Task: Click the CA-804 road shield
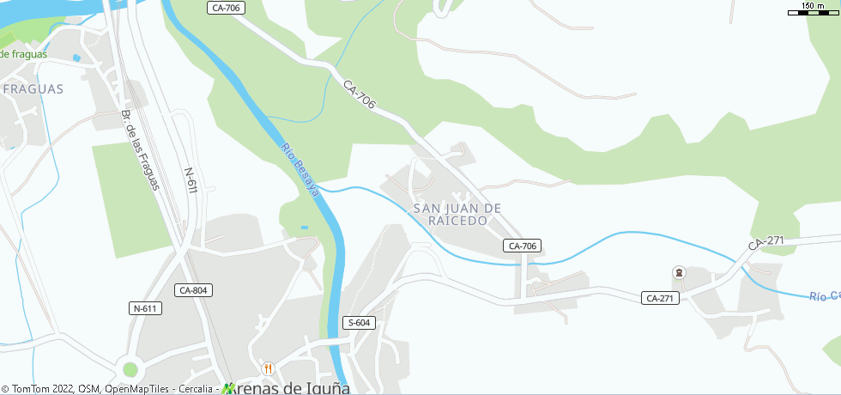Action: point(192,290)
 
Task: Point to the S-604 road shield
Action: point(359,323)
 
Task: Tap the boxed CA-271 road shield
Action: point(660,298)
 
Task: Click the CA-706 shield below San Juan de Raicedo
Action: point(522,246)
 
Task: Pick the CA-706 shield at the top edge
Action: point(226,8)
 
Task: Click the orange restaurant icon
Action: point(268,368)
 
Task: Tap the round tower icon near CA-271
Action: point(679,273)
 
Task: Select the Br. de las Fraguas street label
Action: point(141,149)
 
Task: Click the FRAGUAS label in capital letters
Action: point(33,88)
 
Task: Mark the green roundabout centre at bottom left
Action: point(130,369)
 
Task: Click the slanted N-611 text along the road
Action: point(191,179)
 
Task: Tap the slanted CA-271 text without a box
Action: point(765,242)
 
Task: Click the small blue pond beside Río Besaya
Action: point(304,228)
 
